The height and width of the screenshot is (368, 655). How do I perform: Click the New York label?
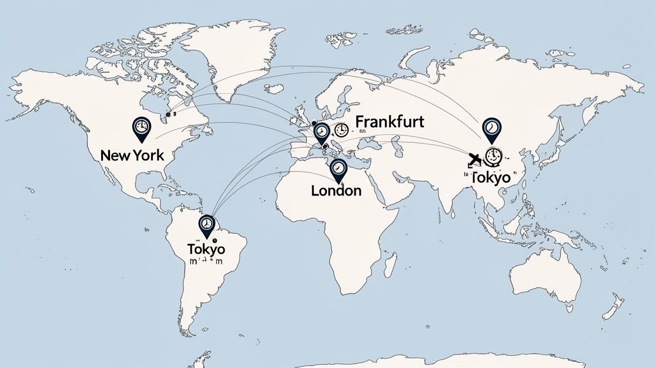[x=132, y=155]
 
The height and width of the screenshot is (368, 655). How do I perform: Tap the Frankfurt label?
[x=390, y=122]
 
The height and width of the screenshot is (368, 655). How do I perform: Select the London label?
[x=336, y=190]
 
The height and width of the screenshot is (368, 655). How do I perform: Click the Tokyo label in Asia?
[x=491, y=177]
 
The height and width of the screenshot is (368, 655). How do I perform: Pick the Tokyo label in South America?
[x=206, y=249]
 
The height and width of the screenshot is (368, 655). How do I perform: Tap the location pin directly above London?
[x=338, y=169]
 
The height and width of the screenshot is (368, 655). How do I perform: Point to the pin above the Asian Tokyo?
[x=491, y=129]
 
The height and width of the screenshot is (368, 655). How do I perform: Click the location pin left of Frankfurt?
[x=322, y=133]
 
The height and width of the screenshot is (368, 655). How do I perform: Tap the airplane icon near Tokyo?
[x=475, y=159]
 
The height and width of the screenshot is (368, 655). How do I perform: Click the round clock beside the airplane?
[x=493, y=155]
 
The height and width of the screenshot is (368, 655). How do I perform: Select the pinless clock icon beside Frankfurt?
[x=342, y=130]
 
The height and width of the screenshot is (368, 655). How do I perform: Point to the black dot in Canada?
[x=168, y=114]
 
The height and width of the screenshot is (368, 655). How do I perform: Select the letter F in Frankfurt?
[x=359, y=122]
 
